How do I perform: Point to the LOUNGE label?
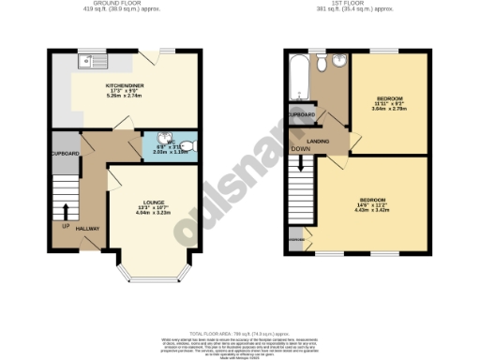149,202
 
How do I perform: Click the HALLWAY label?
89,228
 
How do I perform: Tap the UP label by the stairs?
65,225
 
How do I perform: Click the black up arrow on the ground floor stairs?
65,211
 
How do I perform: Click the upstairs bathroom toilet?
322,64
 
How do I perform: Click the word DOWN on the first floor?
301,149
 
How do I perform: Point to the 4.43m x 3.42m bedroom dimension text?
372,210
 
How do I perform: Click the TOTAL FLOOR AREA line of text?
240,333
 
